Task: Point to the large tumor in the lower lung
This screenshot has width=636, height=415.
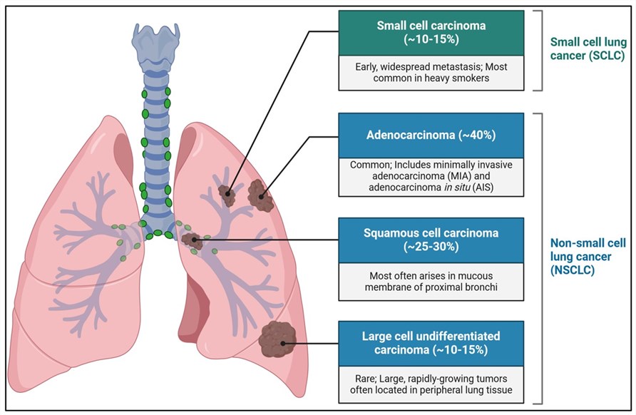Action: click(x=278, y=342)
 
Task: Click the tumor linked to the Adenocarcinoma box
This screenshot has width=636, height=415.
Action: click(x=260, y=195)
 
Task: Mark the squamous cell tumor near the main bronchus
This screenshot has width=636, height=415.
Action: click(x=191, y=240)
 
